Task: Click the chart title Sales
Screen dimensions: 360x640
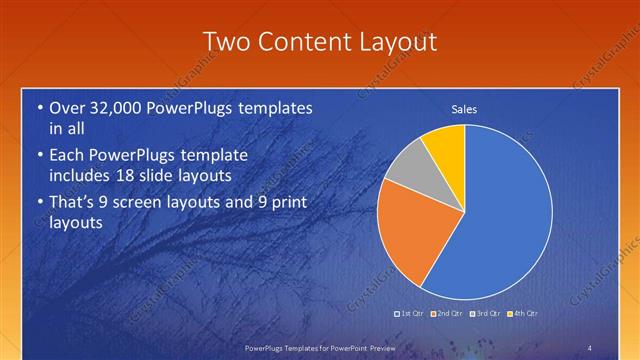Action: pos(464,108)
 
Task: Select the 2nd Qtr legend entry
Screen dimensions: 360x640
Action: pos(447,313)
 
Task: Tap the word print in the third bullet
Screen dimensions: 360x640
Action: pos(284,203)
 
